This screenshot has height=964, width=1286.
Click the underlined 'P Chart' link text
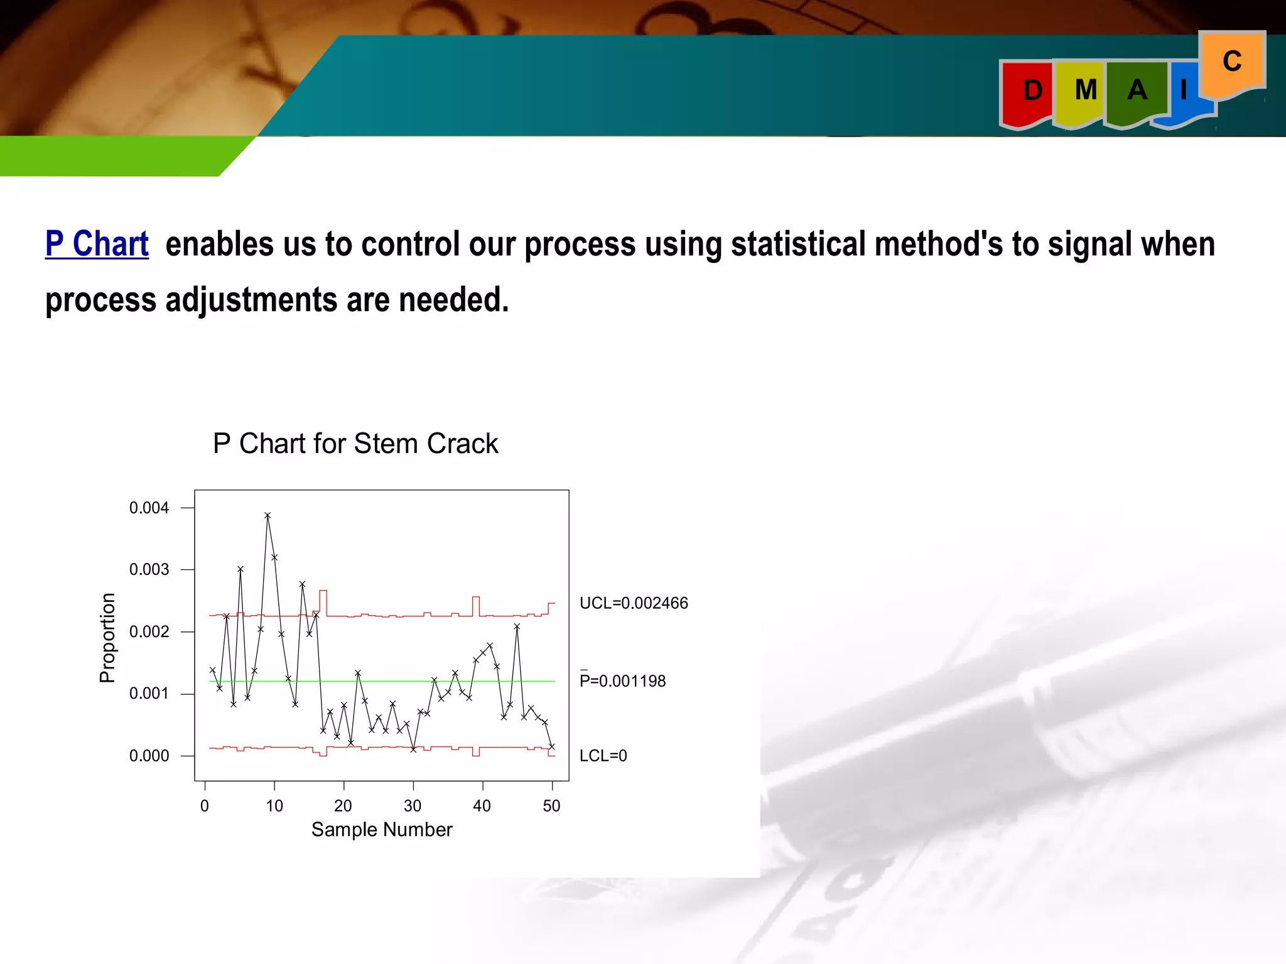pos(97,244)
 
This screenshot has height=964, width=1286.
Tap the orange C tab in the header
pos(1232,62)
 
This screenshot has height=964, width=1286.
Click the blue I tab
pos(1184,91)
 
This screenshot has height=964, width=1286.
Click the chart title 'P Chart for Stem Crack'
pos(355,444)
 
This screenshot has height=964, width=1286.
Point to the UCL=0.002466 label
pos(634,603)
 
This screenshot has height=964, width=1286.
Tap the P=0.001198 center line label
pos(622,681)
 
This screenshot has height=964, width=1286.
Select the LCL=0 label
pos(603,756)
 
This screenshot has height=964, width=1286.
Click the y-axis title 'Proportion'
pos(108,638)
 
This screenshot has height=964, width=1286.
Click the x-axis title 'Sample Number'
pos(382,830)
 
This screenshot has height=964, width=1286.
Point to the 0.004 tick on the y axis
pos(149,508)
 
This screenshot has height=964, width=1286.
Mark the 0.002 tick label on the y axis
pos(149,632)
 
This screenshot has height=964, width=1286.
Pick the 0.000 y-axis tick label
pos(149,756)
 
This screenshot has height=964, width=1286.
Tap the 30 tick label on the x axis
pos(413,806)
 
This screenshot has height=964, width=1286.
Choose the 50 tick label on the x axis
pos(551,806)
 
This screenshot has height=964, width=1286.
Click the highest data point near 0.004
pos(267,515)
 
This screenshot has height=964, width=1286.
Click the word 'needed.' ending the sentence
pos(453,300)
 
